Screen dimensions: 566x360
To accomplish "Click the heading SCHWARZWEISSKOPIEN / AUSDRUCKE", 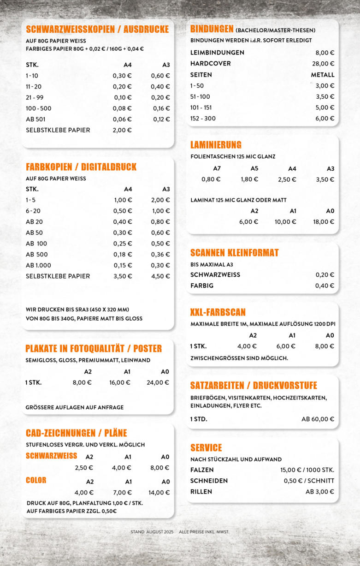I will (x=97, y=30).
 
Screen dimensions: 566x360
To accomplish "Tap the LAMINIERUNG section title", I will (x=216, y=145).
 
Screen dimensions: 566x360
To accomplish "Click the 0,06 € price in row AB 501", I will (x=122, y=119).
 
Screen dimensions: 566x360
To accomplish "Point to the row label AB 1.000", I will (x=38, y=265).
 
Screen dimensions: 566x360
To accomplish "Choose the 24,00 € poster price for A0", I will (x=158, y=382).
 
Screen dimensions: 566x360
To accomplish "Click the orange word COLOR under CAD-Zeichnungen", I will (x=36, y=480).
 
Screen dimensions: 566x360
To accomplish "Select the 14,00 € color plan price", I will (x=159, y=493).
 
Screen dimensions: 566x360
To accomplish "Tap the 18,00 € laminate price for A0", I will (x=323, y=222).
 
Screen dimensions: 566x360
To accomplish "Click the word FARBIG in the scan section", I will (x=201, y=286).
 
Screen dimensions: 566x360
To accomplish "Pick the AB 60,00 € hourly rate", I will (x=318, y=419).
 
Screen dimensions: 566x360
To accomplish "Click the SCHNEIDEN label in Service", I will (x=209, y=481).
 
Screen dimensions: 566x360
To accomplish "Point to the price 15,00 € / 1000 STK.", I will (x=307, y=470).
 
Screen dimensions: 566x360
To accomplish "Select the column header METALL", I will (x=323, y=75).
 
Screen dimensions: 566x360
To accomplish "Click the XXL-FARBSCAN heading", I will (x=218, y=312).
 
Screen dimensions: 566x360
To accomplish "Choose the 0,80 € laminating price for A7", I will (x=211, y=179).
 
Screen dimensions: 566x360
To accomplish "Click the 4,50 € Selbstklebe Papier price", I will (x=161, y=276).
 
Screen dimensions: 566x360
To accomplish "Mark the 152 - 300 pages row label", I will (x=203, y=119).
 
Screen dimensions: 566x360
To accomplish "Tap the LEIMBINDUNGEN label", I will (x=217, y=53).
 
